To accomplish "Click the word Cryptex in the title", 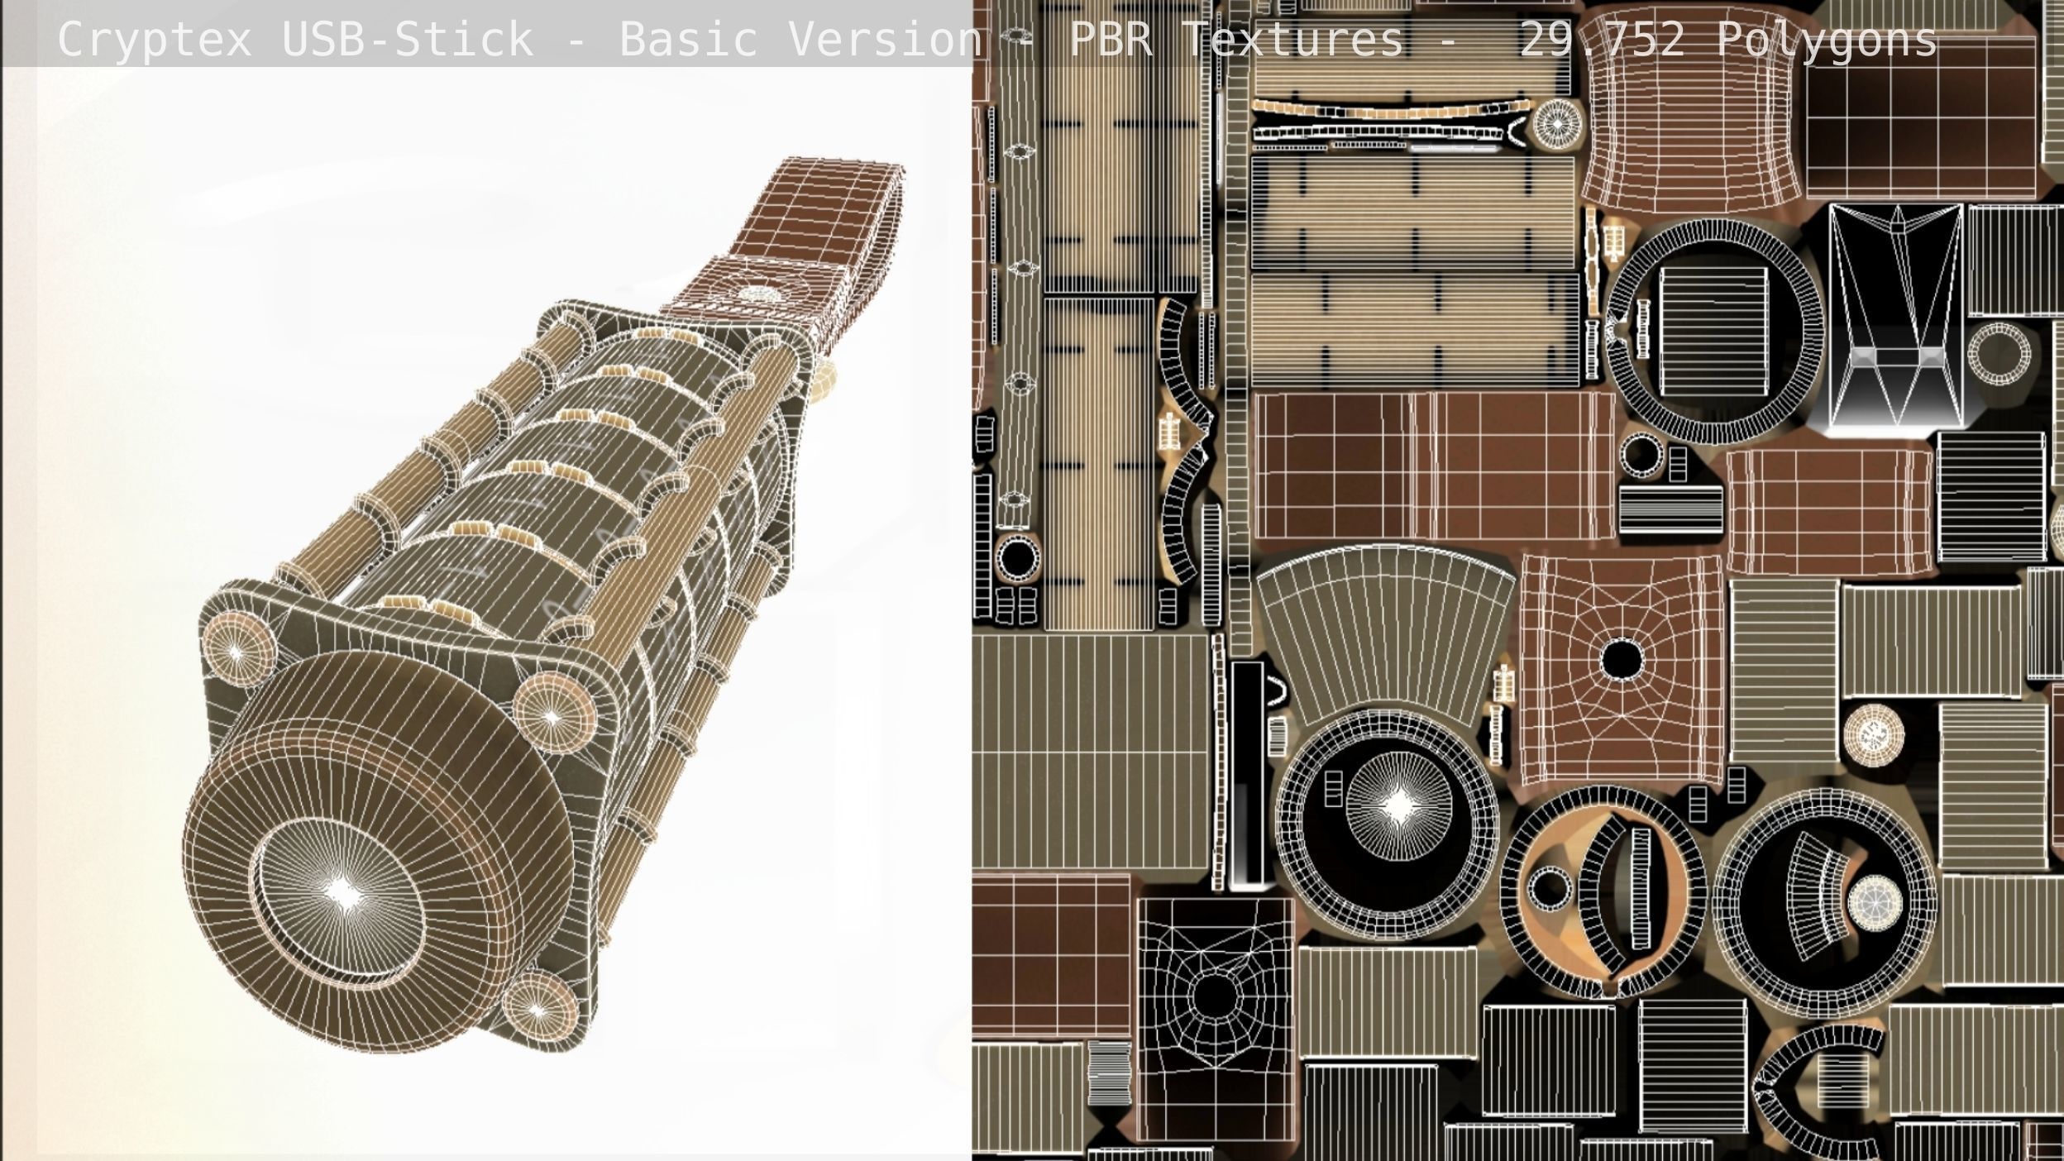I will point(155,40).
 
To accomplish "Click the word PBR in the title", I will point(1111,40).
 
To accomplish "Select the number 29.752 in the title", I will point(1602,40).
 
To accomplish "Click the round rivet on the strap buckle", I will point(758,294).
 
